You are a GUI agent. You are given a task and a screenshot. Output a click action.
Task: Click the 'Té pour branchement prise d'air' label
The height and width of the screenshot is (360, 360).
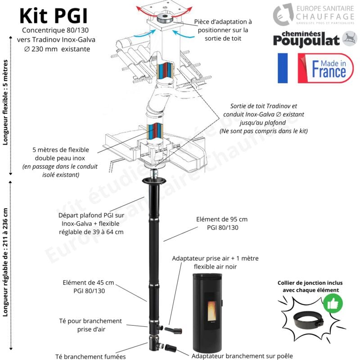pyautogui.click(x=90, y=325)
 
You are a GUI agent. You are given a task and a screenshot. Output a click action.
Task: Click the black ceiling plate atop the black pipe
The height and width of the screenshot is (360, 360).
pyautogui.click(x=154, y=181)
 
